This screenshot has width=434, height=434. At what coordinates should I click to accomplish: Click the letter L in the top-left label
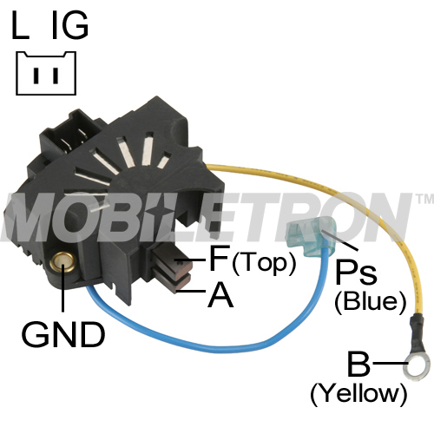click(20, 25)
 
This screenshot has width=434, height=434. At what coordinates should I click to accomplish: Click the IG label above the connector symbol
click(70, 25)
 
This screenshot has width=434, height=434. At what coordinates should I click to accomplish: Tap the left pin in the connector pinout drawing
click(36, 76)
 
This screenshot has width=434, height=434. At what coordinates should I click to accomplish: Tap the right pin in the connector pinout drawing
click(56, 76)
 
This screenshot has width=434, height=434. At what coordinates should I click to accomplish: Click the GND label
click(63, 335)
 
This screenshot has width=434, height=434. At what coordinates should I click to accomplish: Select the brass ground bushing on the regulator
click(62, 262)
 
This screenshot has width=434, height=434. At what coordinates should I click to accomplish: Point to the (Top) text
click(264, 263)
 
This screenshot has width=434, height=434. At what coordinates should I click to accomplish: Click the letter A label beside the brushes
click(220, 294)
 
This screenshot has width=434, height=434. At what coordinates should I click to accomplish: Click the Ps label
click(356, 273)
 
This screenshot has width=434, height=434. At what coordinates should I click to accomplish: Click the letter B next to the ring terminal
click(358, 363)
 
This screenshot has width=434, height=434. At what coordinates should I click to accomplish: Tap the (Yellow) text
click(358, 393)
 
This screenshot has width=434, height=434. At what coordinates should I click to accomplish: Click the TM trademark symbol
click(424, 199)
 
